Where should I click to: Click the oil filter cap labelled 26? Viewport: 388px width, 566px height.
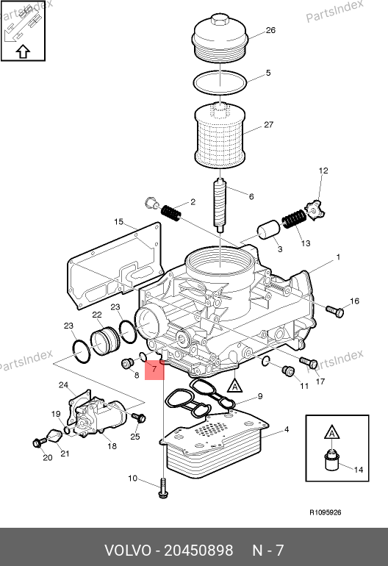(220, 39)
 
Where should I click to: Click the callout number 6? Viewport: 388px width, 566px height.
(251, 197)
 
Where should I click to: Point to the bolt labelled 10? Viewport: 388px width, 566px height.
(163, 488)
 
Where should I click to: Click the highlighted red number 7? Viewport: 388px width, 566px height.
(154, 369)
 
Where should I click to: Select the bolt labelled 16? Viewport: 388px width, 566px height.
(335, 311)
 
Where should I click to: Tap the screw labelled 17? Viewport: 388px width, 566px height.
(309, 362)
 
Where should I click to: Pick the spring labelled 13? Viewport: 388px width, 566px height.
(293, 219)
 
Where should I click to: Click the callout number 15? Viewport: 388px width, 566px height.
(118, 222)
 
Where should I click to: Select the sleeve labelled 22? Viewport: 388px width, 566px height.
(104, 341)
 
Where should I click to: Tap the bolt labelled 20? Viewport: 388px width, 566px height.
(40, 442)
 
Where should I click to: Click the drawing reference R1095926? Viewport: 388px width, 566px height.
(326, 512)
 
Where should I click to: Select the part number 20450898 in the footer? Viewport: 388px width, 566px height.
(198, 551)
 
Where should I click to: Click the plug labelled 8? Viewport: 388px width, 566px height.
(126, 364)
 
